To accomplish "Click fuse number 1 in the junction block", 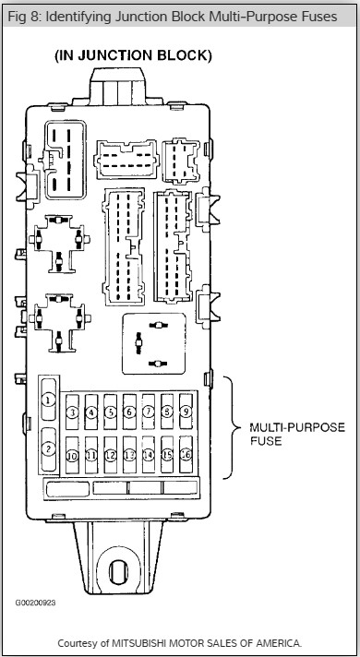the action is [49, 400].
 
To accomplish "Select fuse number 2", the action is [49, 449].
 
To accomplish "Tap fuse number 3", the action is [73, 412].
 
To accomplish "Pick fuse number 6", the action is [129, 412].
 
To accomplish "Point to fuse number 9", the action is [186, 411].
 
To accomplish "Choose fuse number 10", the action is [73, 456].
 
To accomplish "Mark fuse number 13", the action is [129, 455].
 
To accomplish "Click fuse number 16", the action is [186, 454].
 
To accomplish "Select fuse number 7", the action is [149, 412].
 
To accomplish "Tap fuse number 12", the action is [110, 455].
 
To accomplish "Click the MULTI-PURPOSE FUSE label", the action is [297, 434].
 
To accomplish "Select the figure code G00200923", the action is [35, 603].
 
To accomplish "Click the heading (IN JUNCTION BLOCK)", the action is [133, 55].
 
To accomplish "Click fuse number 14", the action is [149, 455].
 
